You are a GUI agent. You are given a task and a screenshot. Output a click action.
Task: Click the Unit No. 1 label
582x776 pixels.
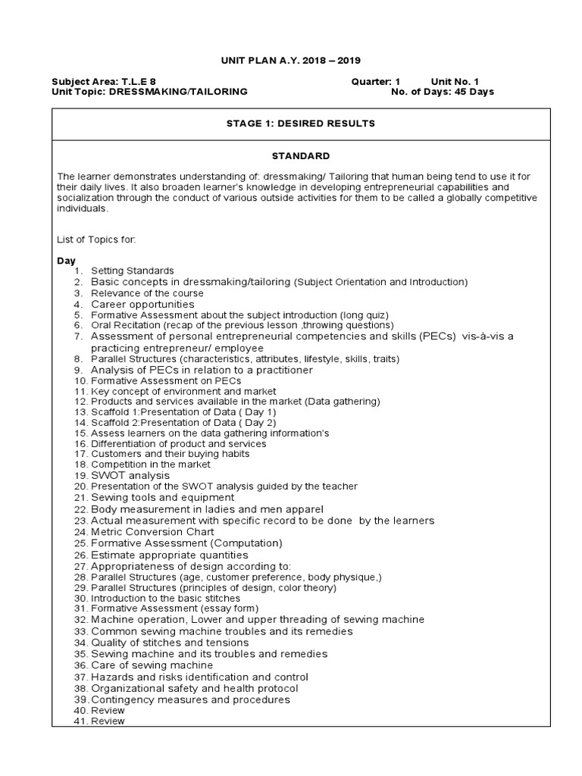(455, 81)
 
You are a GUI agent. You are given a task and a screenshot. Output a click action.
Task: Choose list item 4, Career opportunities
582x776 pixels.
(142, 304)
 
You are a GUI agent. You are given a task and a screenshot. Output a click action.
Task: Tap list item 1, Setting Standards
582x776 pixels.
(132, 271)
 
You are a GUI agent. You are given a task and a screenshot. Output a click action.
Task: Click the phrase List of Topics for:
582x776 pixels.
(96, 239)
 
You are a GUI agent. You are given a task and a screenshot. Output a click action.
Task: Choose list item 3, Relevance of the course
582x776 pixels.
(147, 293)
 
